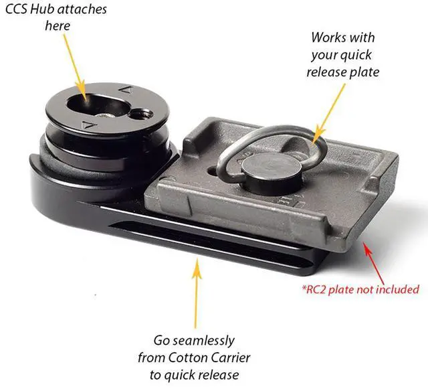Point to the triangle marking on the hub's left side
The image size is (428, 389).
pyautogui.click(x=84, y=125)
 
